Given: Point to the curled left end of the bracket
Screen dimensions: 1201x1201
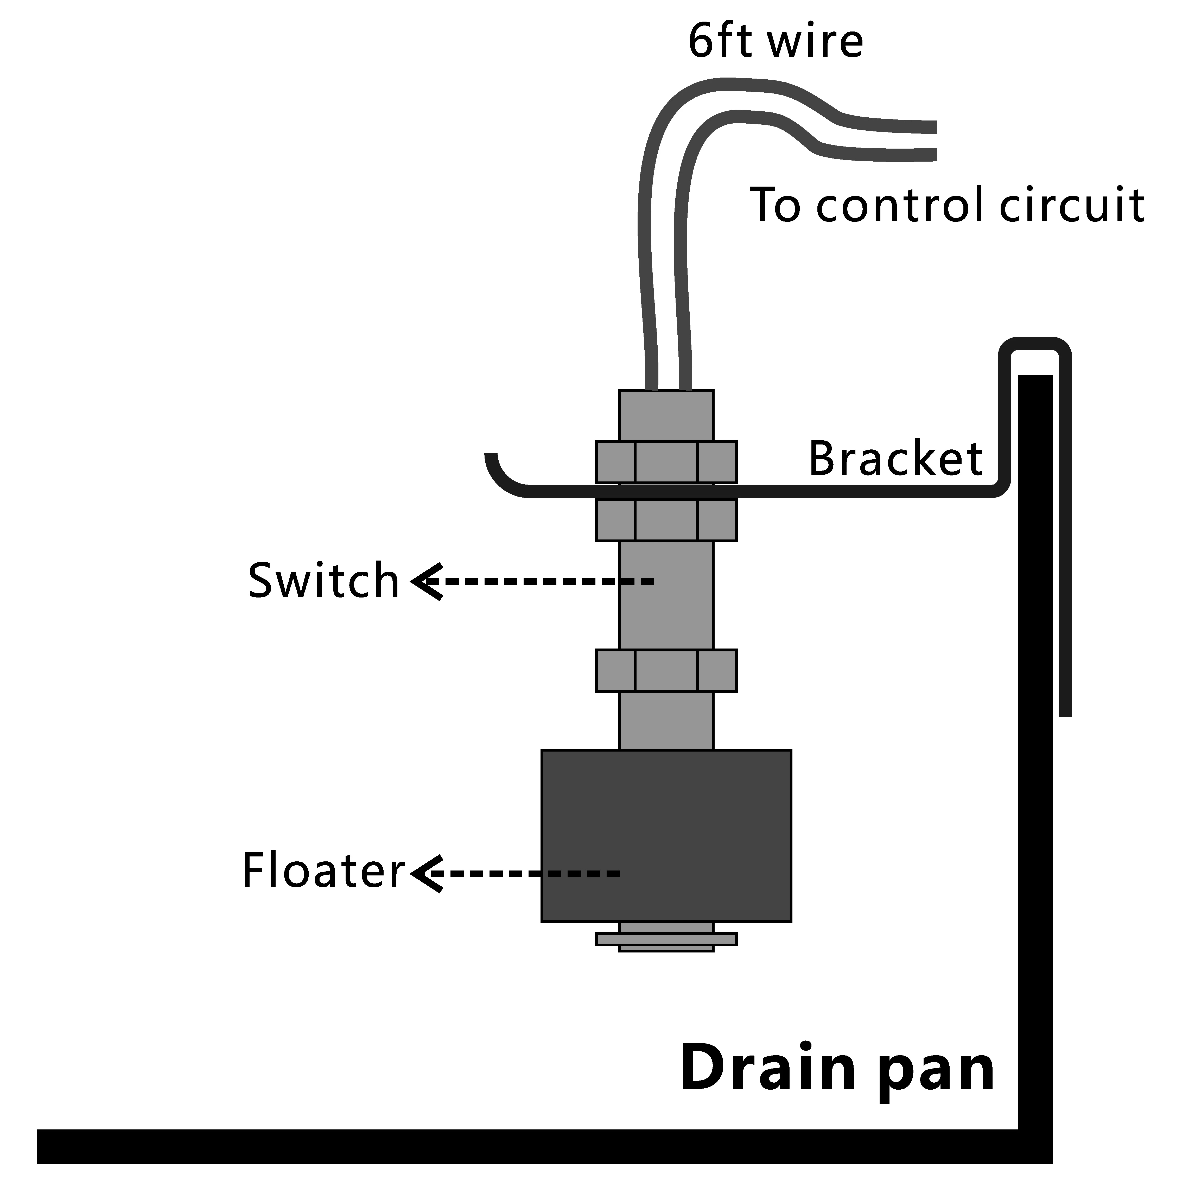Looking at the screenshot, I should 497,475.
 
